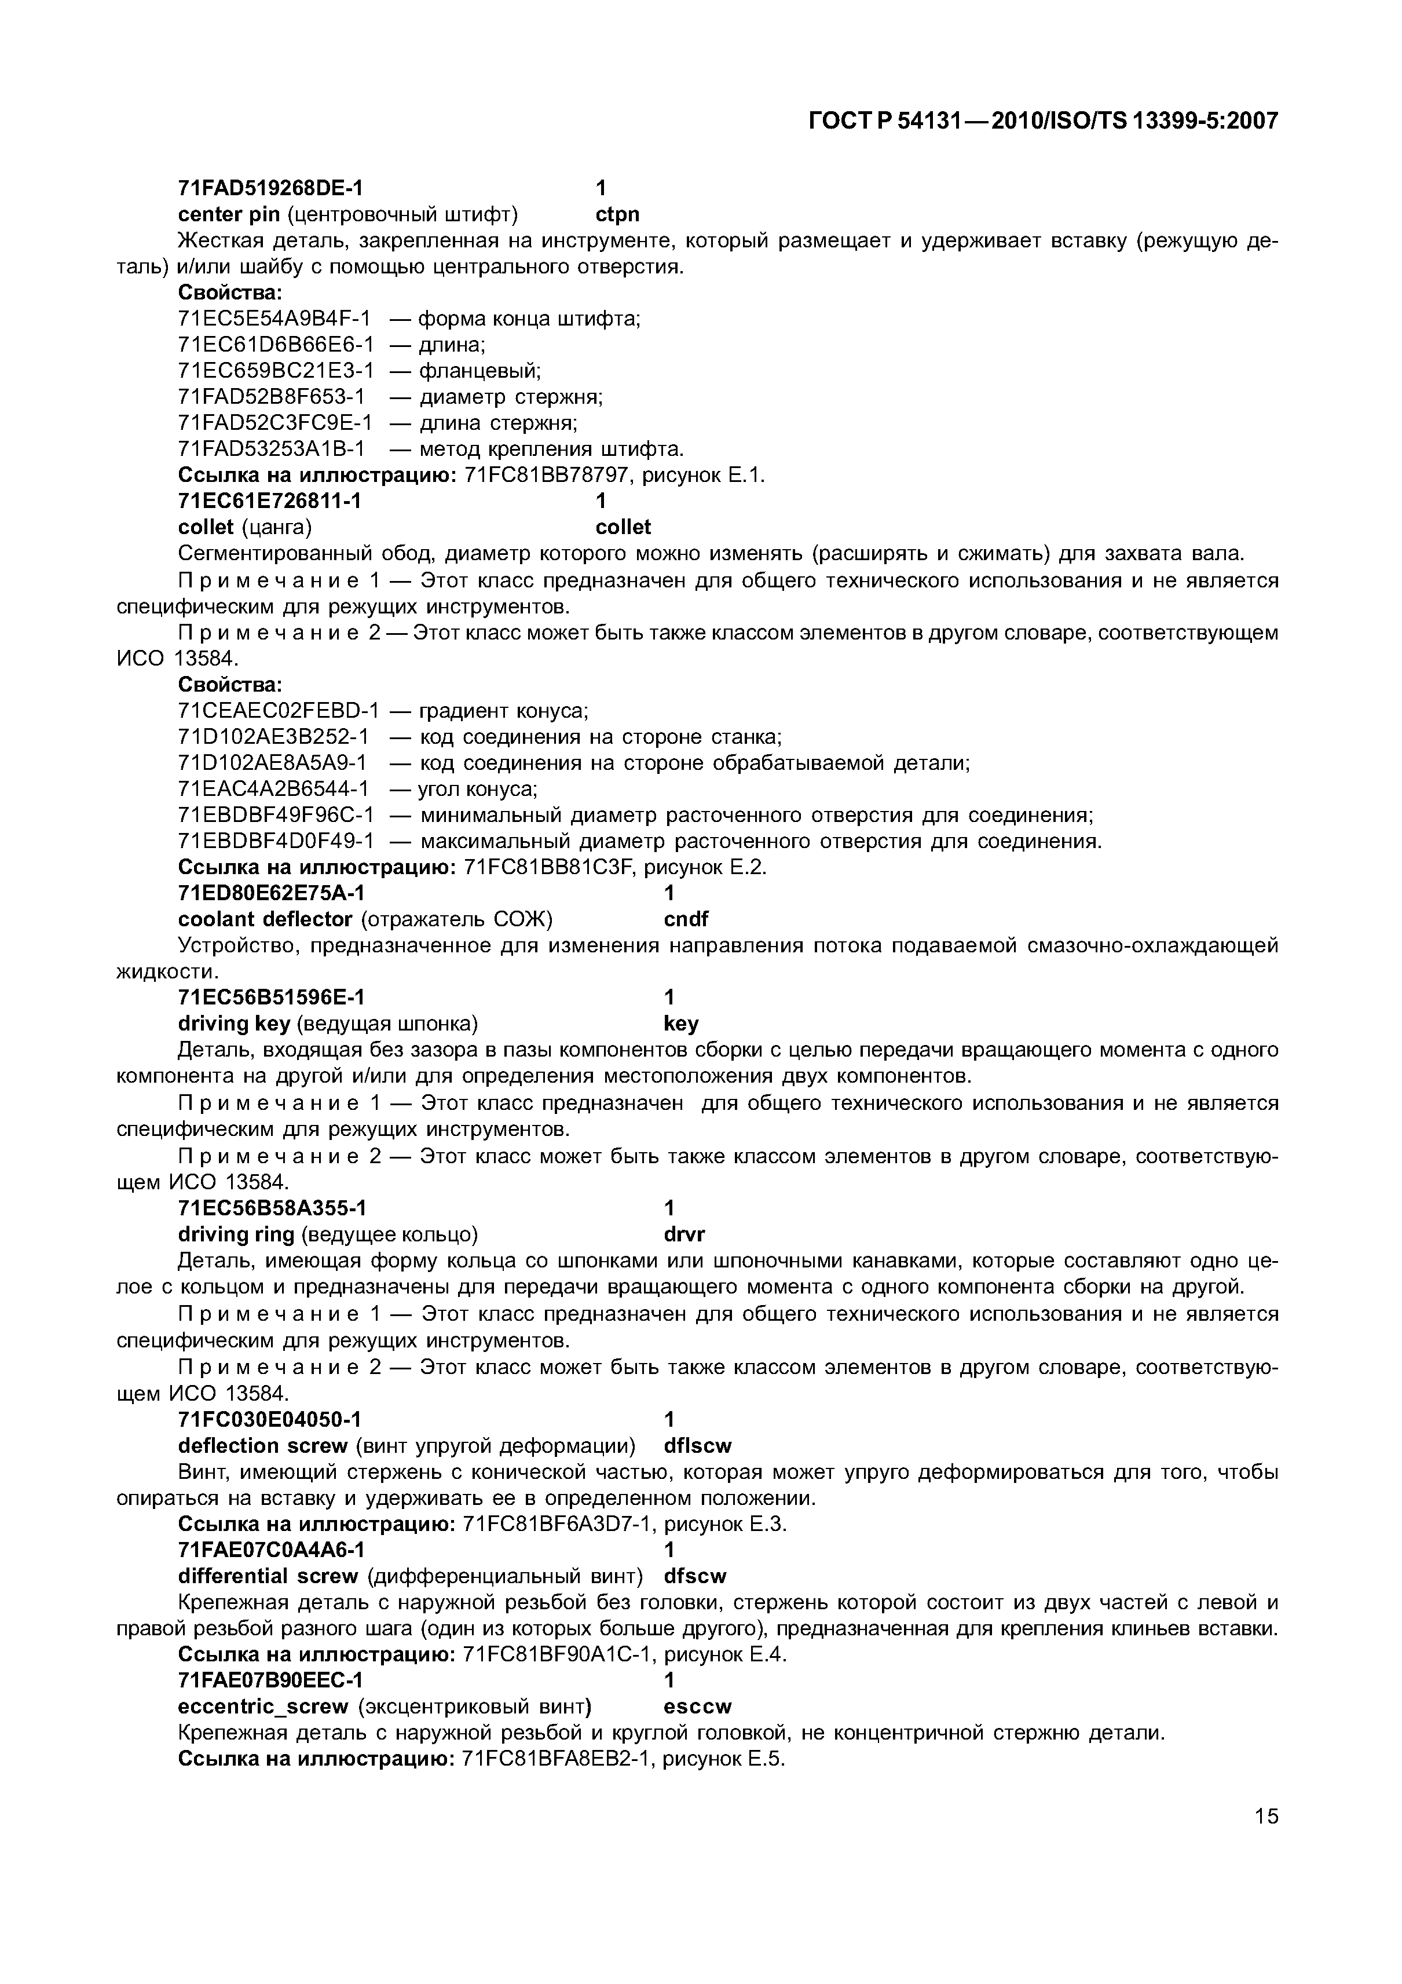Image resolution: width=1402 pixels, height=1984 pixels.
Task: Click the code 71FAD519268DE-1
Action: click(270, 188)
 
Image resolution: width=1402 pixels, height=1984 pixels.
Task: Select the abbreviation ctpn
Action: click(618, 214)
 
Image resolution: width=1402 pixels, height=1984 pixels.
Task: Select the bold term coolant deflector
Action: click(265, 919)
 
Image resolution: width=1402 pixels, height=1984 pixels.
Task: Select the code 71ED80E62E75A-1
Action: click(270, 893)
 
